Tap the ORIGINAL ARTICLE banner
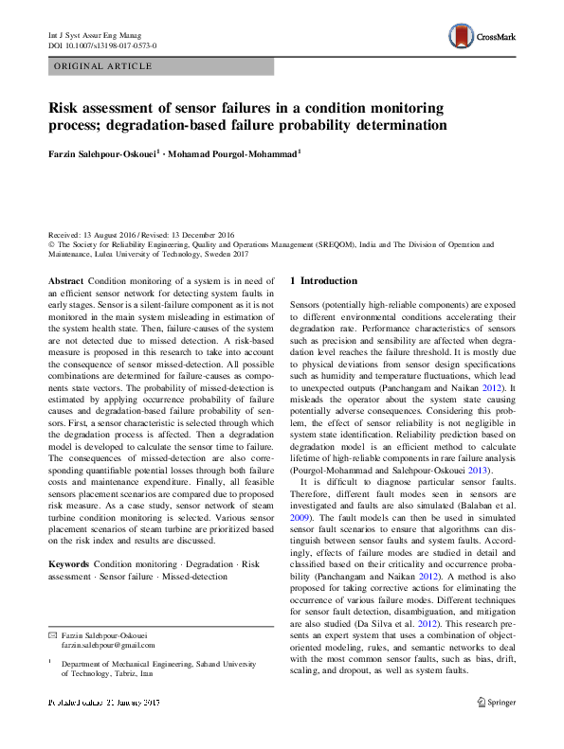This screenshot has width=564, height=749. tap(103, 66)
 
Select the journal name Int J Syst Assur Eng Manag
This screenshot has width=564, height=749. tap(93, 34)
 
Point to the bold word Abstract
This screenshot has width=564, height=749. tap(65, 281)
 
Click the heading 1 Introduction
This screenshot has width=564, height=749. tap(323, 281)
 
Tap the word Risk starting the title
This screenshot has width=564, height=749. tap(64, 107)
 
